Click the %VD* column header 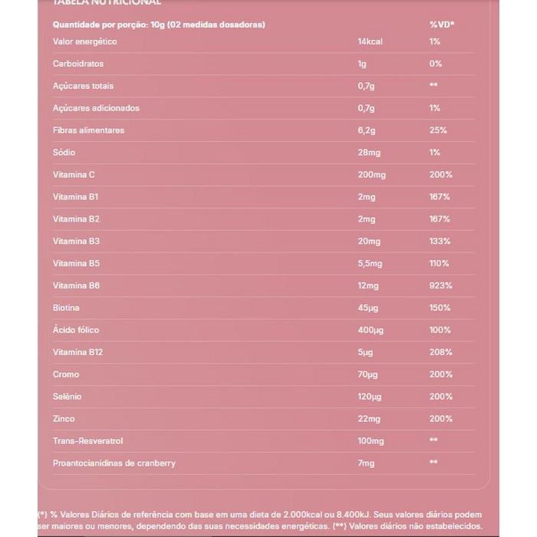pos(441,25)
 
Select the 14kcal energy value pos(370,41)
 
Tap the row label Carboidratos pos(77,64)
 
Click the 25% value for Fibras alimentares pos(438,130)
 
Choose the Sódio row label pos(64,153)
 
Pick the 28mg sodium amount pos(369,153)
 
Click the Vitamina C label pos(74,175)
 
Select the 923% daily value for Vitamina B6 pos(440,285)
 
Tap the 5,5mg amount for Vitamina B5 pos(370,263)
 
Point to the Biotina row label pos(66,308)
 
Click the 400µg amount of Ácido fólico pos(371,330)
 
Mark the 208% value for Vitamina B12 pos(440,352)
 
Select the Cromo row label pos(66,374)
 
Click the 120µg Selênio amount pos(370,397)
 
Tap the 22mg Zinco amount pos(369,419)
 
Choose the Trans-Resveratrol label pos(87,441)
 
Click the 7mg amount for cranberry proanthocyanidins pos(366,463)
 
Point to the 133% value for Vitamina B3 pos(440,241)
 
